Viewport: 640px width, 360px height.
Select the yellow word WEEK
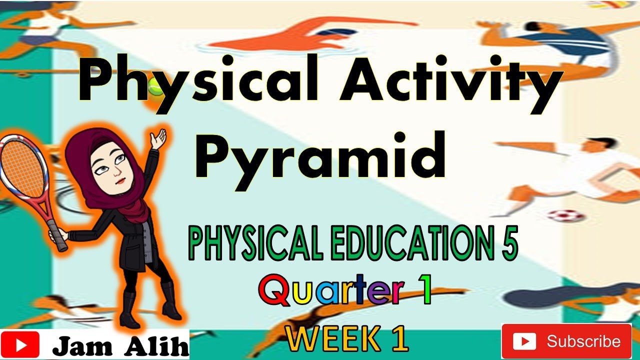(331, 340)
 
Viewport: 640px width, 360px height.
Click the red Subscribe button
(566, 341)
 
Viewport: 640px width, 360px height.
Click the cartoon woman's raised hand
(159, 137)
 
